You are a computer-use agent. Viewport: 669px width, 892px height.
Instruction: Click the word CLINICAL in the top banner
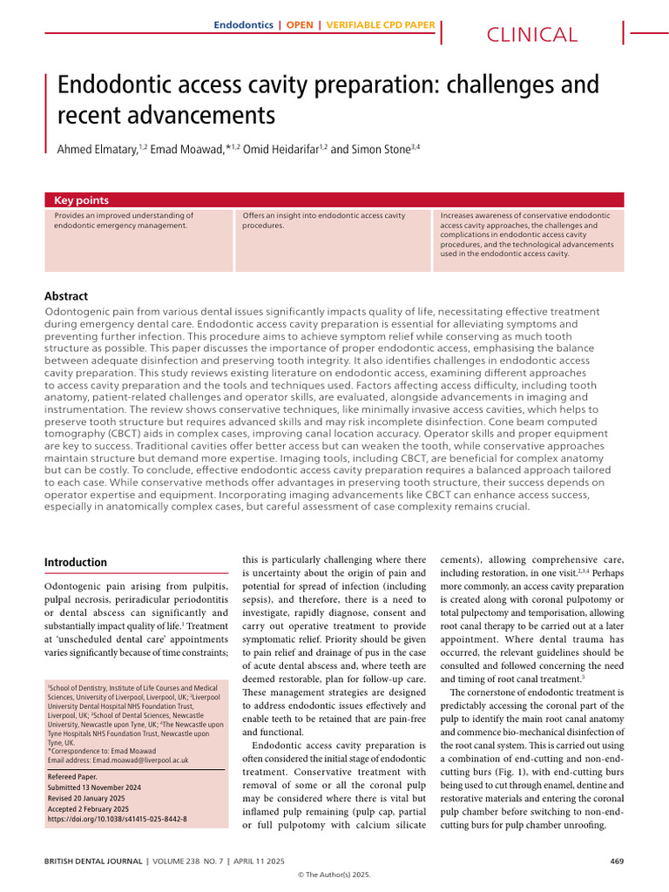tap(531, 35)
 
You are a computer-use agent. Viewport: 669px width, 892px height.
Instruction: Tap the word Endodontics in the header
tap(243, 24)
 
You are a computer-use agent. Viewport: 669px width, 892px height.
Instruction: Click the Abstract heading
tap(66, 296)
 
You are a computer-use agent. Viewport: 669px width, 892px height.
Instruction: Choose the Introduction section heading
tap(76, 563)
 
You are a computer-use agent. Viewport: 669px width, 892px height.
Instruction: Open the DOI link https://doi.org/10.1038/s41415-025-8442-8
tap(117, 819)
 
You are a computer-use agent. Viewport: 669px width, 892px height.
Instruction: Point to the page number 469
tap(616, 862)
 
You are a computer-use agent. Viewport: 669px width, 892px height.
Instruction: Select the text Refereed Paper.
tap(72, 775)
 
